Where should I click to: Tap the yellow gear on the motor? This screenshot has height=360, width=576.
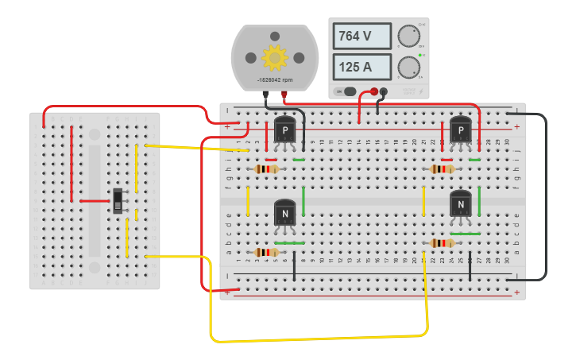(x=275, y=57)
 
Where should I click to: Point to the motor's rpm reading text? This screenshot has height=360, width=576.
(x=274, y=80)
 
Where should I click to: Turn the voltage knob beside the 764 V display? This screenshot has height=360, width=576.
(x=409, y=37)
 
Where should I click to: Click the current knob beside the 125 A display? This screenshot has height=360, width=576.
(x=409, y=67)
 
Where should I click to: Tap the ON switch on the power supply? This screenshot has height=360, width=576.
(x=350, y=91)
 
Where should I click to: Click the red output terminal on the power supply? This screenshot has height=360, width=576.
(x=374, y=91)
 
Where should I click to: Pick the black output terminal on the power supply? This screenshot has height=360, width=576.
(x=385, y=91)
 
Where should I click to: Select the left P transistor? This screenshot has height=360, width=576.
(x=285, y=130)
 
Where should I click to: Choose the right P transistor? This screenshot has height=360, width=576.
(x=460, y=130)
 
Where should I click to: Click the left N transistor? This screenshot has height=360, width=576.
(x=285, y=212)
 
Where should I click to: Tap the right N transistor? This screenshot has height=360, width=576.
(x=460, y=204)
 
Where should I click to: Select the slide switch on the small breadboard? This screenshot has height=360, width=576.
(x=118, y=201)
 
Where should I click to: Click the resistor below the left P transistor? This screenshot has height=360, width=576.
(x=266, y=168)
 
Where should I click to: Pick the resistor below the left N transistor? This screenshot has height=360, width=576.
(x=266, y=253)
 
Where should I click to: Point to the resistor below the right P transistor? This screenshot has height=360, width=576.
(x=442, y=168)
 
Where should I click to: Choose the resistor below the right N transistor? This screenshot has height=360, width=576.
(x=442, y=243)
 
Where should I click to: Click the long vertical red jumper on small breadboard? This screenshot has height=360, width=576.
(x=72, y=164)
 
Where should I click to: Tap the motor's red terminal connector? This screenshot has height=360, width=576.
(x=284, y=94)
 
